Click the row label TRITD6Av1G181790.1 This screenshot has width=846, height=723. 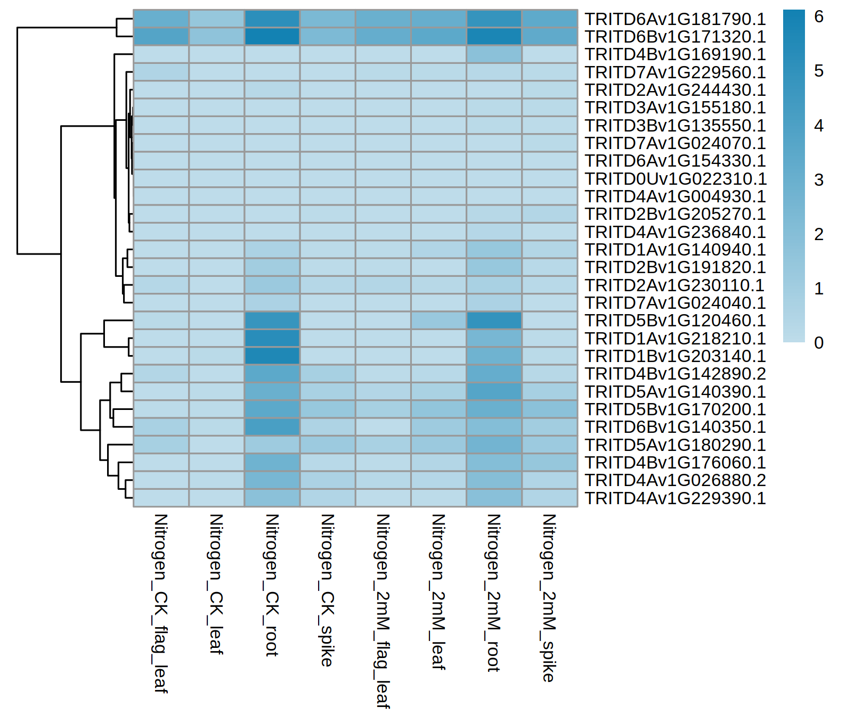tap(675, 19)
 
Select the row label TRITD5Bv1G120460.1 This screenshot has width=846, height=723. tap(675, 321)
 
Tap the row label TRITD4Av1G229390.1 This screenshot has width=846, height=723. tap(675, 498)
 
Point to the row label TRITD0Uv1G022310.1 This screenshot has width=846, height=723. tap(675, 179)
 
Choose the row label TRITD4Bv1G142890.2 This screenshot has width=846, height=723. tap(675, 374)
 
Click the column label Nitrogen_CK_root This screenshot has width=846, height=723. tap(272, 585)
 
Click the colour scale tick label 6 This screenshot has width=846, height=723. tap(819, 17)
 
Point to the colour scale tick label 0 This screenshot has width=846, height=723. tap(819, 343)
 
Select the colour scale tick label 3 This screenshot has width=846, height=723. tap(819, 180)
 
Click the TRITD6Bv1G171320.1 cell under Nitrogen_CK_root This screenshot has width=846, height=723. tap(272, 37)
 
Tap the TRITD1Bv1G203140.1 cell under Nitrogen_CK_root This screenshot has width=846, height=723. tap(272, 356)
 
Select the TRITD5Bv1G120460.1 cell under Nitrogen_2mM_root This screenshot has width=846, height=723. tap(494, 321)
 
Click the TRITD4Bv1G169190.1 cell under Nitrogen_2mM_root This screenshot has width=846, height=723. tap(494, 54)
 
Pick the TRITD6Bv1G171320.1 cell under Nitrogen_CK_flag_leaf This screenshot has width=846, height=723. tap(161, 37)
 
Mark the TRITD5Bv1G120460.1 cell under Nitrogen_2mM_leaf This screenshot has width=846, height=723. tap(438, 321)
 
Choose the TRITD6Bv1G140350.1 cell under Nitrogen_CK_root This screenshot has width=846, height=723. tap(272, 427)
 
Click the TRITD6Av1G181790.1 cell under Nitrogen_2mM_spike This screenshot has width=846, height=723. tap(549, 19)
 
